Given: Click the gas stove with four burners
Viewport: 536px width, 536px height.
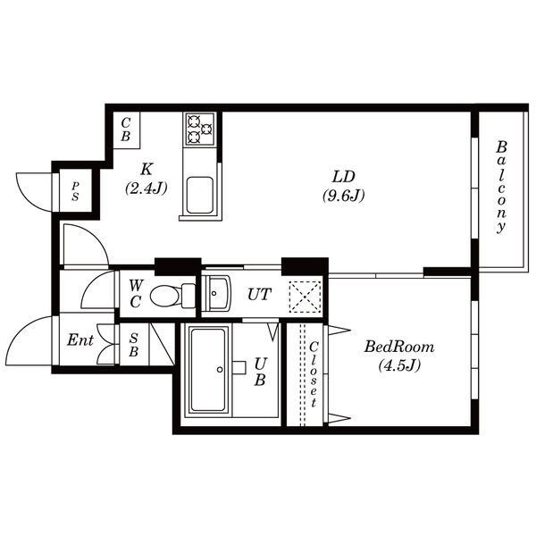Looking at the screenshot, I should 199,130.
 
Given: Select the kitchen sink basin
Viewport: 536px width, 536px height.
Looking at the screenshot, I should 198,194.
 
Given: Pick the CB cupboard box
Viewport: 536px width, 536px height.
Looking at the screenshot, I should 126,130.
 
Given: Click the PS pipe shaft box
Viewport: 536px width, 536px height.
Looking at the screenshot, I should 75,190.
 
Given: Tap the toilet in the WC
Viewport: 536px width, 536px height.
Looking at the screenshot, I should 172,294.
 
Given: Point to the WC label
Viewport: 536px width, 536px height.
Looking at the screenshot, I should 136,293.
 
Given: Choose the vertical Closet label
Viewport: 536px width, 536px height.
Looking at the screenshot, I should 314,374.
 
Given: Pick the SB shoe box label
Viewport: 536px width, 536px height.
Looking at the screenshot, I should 133,344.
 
